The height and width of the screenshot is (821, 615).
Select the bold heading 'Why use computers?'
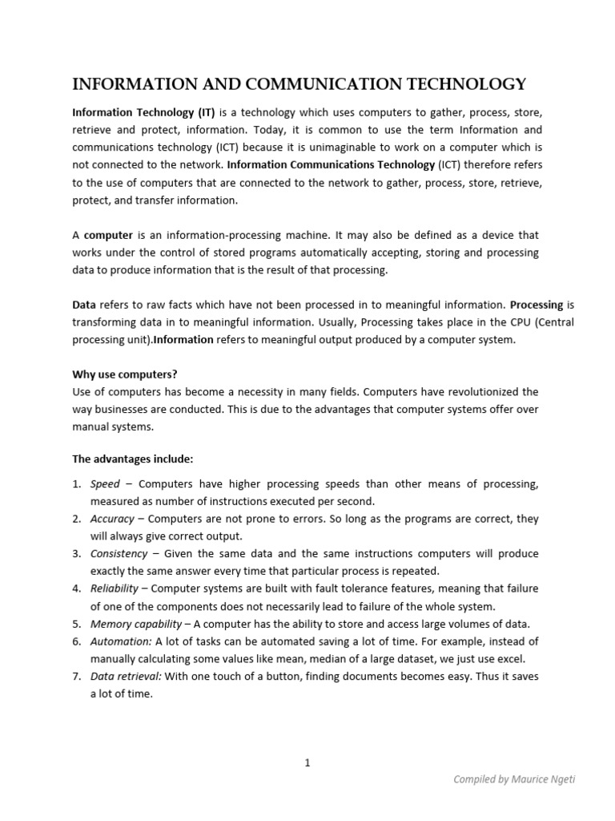coord(124,374)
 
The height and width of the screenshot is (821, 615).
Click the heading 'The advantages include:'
coord(133,459)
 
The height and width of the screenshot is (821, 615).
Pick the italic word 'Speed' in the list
coord(105,484)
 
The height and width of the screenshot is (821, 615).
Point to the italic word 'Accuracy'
coord(112,519)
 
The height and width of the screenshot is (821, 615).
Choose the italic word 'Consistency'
coord(119,554)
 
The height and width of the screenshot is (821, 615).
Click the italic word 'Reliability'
coord(115,588)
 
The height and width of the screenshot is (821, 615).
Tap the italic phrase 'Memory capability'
coord(136,624)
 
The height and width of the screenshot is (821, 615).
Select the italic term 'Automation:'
coord(121,641)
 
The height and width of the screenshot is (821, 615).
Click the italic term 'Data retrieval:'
coord(126,677)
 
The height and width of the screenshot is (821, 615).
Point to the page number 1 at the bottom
coord(307,762)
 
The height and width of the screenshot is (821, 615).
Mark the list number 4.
coord(77,588)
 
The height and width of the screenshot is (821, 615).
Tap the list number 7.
coord(77,677)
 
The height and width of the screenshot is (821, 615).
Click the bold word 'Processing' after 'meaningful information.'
coord(537,305)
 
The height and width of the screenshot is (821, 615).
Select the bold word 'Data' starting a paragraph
coord(84,305)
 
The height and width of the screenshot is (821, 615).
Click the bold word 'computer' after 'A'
coord(109,235)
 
